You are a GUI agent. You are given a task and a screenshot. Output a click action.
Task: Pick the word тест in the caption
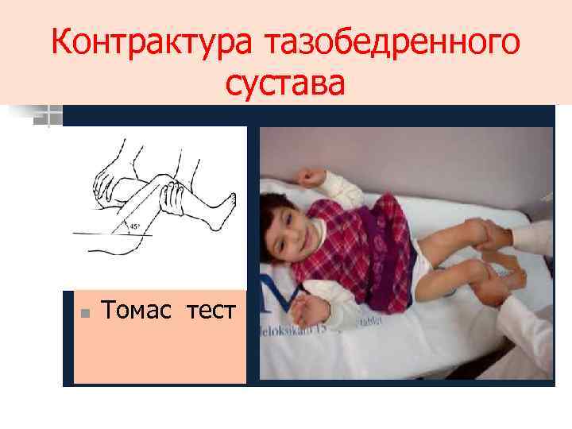tap(211, 310)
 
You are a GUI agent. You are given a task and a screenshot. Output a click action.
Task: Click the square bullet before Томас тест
tap(89, 311)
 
